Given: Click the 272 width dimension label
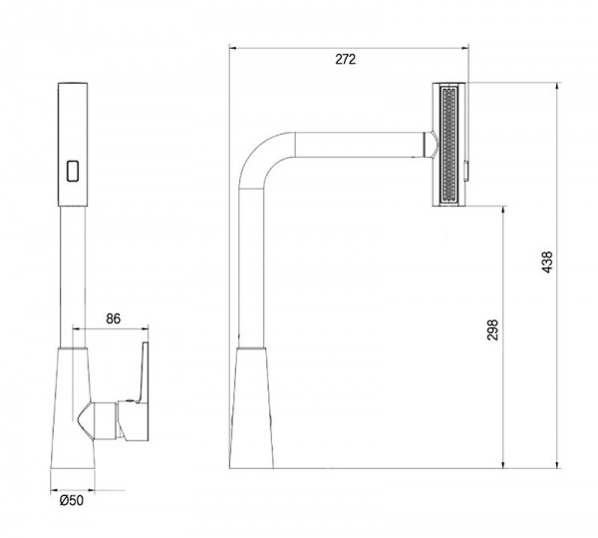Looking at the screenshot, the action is pyautogui.click(x=345, y=60).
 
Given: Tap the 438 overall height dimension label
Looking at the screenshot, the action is pyautogui.click(x=547, y=262).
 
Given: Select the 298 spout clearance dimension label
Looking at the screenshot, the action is pyautogui.click(x=492, y=330).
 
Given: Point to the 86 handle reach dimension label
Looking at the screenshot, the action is pyautogui.click(x=113, y=318).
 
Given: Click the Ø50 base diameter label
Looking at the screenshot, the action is pyautogui.click(x=72, y=500).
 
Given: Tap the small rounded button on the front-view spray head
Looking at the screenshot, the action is pyautogui.click(x=73, y=171).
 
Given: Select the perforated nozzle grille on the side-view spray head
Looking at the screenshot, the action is pyautogui.click(x=448, y=145).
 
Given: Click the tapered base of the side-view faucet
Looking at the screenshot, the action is pyautogui.click(x=251, y=408).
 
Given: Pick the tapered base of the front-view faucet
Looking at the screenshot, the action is pyautogui.click(x=73, y=408).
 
